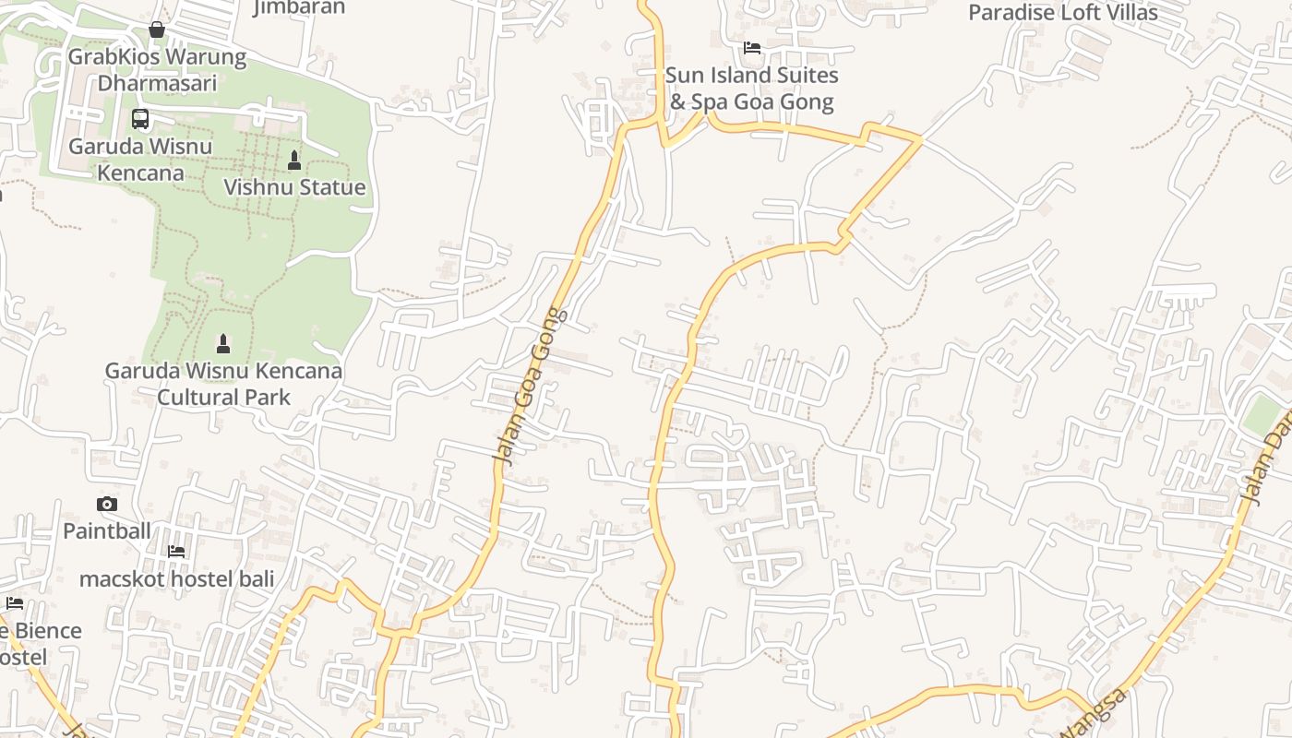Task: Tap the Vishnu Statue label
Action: pyautogui.click(x=294, y=187)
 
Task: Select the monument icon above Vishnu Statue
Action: pyautogui.click(x=294, y=161)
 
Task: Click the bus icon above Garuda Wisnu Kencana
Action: pyautogui.click(x=140, y=119)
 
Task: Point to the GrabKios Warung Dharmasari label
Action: pyautogui.click(x=157, y=70)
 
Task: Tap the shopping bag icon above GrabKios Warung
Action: pyautogui.click(x=157, y=30)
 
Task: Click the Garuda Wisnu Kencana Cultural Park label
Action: pyautogui.click(x=223, y=384)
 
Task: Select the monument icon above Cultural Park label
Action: pyautogui.click(x=222, y=344)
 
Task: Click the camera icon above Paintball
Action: pyautogui.click(x=107, y=504)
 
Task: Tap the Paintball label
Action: pyautogui.click(x=106, y=530)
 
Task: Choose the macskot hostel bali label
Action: pyautogui.click(x=177, y=579)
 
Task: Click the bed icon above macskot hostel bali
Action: pyautogui.click(x=176, y=552)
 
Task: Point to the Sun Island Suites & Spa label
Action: pyautogui.click(x=751, y=88)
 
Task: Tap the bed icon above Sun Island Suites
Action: pyautogui.click(x=752, y=48)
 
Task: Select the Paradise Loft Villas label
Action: pyautogui.click(x=1062, y=13)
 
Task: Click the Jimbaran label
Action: pyautogui.click(x=299, y=7)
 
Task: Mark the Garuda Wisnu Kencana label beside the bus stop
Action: pyautogui.click(x=140, y=160)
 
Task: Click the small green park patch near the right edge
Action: pyautogui.click(x=1262, y=416)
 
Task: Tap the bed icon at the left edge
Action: pyautogui.click(x=15, y=603)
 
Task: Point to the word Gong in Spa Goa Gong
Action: pyautogui.click(x=804, y=101)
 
